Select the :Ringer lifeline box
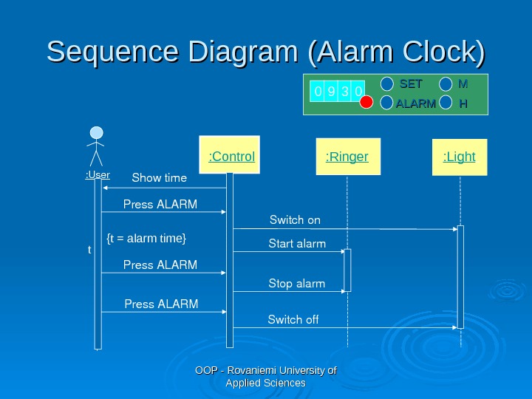tap(347, 156)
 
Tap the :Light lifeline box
tap(459, 156)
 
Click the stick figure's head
tap(96, 133)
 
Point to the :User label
tap(97, 175)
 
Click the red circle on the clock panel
tap(366, 103)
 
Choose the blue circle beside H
tap(446, 103)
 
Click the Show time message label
tap(159, 178)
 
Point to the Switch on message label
tap(295, 219)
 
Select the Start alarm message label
tap(296, 243)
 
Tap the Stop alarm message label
tap(296, 283)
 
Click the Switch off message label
tap(293, 319)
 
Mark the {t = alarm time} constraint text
tap(146, 238)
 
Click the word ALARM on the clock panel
tap(415, 104)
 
